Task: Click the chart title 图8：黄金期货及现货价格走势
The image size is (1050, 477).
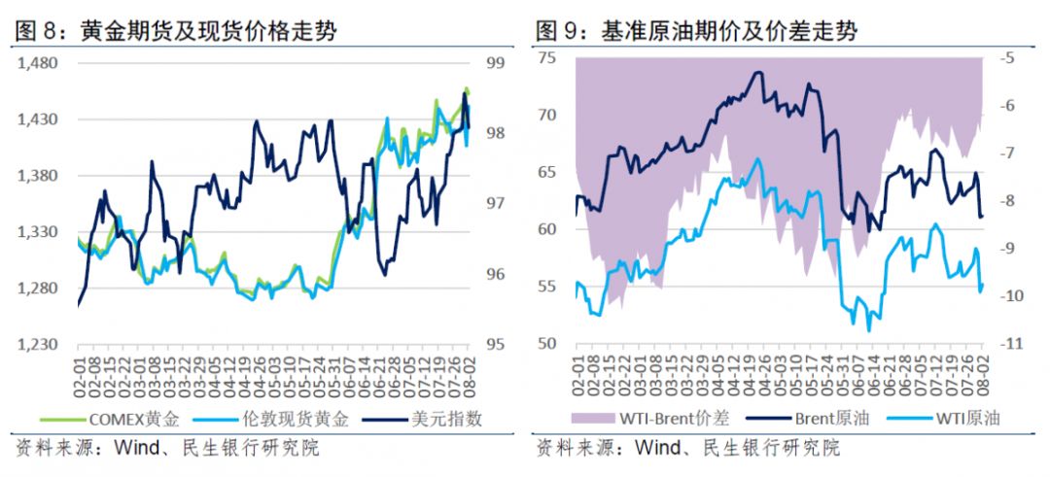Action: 176,30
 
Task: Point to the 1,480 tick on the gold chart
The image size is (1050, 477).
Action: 39,63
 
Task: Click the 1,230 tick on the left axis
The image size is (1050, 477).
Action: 39,344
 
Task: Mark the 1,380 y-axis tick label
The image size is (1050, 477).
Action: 39,176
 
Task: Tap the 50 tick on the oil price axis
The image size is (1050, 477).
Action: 546,344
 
